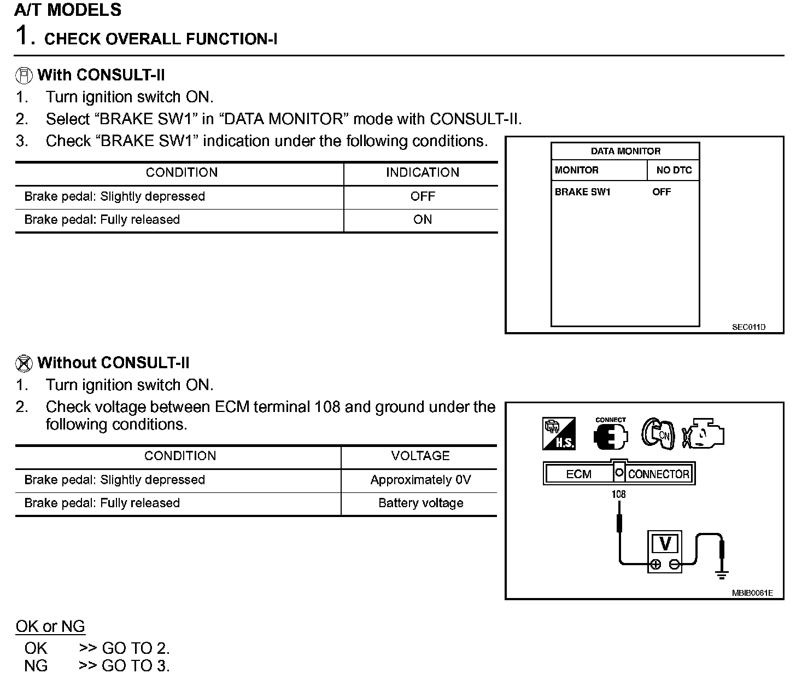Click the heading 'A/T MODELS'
[68, 10]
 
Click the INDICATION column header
[422, 173]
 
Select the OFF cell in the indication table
[422, 196]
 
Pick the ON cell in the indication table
[422, 220]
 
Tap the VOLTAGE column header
[420, 456]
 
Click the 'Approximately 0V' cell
[420, 480]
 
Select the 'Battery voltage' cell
[420, 503]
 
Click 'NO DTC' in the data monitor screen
[674, 170]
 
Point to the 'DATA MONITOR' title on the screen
[625, 151]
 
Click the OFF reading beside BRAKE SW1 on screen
[661, 192]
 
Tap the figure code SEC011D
[748, 328]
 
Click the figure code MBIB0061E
[752, 593]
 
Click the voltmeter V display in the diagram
[665, 544]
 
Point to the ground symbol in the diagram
[722, 574]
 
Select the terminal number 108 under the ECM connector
[618, 494]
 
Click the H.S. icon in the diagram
[559, 434]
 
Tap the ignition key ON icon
[657, 434]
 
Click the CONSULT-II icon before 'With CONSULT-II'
[23, 75]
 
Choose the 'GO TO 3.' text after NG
[136, 666]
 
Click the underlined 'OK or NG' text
[50, 627]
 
